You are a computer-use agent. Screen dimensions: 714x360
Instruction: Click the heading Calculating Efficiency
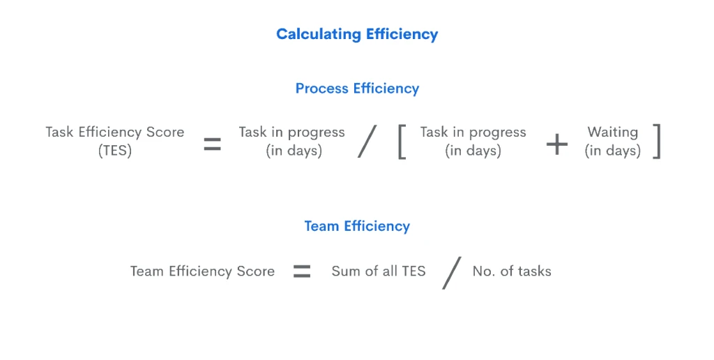(357, 34)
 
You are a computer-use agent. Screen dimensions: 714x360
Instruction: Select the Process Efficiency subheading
(357, 89)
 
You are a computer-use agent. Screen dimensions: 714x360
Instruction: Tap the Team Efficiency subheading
(357, 226)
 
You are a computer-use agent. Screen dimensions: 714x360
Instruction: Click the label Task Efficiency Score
(115, 132)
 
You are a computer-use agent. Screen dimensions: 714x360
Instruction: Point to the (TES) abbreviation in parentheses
(115, 151)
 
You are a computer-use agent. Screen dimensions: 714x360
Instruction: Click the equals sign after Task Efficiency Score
(212, 144)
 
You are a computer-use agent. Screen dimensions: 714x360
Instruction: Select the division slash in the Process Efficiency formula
(367, 141)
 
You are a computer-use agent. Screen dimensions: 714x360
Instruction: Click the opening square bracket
(402, 142)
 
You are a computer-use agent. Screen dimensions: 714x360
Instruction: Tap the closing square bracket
(656, 142)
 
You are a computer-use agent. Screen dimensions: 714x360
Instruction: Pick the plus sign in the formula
(557, 144)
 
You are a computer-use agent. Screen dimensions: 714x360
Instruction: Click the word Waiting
(612, 132)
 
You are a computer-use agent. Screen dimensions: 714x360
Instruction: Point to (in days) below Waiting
(612, 151)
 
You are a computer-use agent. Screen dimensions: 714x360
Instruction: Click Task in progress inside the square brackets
(473, 132)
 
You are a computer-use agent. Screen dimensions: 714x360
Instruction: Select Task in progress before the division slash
(292, 132)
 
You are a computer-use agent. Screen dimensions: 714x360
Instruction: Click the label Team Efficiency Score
(203, 271)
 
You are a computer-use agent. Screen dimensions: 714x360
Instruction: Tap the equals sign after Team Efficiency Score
(302, 271)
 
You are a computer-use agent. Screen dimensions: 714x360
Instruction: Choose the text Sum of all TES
(379, 271)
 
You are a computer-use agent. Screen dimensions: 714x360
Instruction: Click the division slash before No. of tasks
(452, 273)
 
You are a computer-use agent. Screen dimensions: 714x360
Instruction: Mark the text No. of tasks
(512, 271)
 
